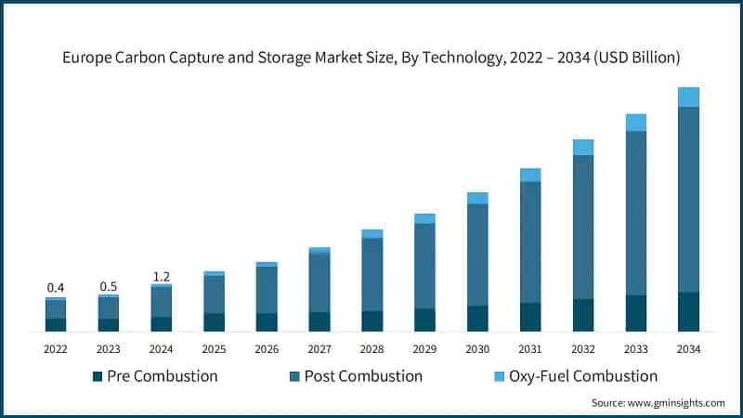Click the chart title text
[x=371, y=58]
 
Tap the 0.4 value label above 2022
[x=56, y=288]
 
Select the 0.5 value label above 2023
[x=109, y=286]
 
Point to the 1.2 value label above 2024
[x=161, y=276]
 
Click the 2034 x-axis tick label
[x=688, y=348]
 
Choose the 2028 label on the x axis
[x=371, y=348]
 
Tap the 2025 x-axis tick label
[x=214, y=348]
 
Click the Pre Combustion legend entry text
[x=162, y=376]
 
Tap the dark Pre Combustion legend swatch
[x=98, y=376]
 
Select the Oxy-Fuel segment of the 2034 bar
[x=688, y=97]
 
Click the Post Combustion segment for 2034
[x=688, y=200]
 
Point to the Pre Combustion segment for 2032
[x=582, y=315]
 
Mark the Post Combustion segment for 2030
[x=477, y=255]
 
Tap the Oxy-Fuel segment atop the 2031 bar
[x=530, y=175]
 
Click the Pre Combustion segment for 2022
[x=56, y=324]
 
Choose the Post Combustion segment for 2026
[x=267, y=290]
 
